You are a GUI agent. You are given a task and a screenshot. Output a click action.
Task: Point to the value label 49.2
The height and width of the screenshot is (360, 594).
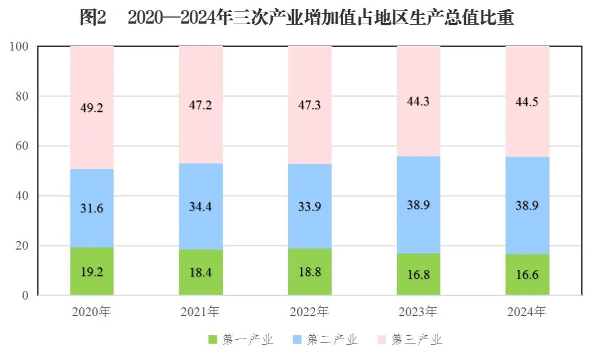(x=92, y=108)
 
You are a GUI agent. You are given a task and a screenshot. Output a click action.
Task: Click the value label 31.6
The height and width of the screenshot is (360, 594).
(x=92, y=208)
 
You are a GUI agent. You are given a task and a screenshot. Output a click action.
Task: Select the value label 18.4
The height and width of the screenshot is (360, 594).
(x=201, y=273)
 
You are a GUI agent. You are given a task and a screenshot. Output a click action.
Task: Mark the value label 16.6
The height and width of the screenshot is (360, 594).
(x=527, y=274)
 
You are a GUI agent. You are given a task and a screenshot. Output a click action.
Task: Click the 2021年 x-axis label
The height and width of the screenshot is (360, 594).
(x=200, y=312)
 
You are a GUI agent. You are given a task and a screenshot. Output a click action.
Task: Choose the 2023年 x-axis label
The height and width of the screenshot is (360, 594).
(x=418, y=312)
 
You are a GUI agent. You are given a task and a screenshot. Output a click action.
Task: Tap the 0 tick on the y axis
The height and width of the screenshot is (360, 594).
(x=25, y=296)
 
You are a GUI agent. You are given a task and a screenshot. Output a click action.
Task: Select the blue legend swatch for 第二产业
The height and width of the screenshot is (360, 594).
(x=298, y=340)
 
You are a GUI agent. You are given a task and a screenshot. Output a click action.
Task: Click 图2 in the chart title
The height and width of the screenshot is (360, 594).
(x=92, y=18)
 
